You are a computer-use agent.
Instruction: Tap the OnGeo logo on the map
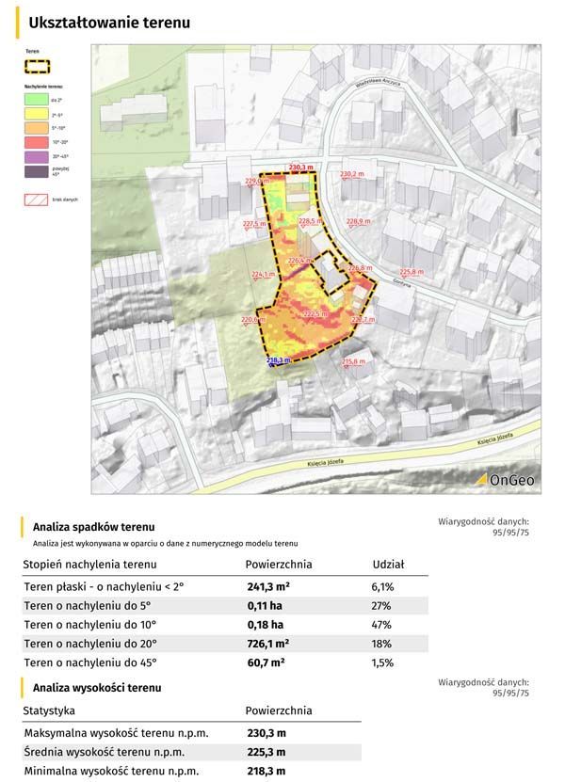tap(505, 480)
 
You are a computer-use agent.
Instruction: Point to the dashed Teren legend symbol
tap(37, 67)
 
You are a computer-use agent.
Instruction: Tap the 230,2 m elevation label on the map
tap(351, 174)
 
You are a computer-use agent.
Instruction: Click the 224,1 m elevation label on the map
tap(263, 274)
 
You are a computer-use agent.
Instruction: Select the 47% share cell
tap(382, 625)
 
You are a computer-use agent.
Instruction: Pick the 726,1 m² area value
tap(266, 644)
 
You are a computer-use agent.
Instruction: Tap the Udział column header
tap(388, 564)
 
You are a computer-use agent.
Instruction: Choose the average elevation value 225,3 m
tap(266, 752)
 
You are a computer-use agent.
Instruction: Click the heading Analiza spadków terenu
tap(93, 527)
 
